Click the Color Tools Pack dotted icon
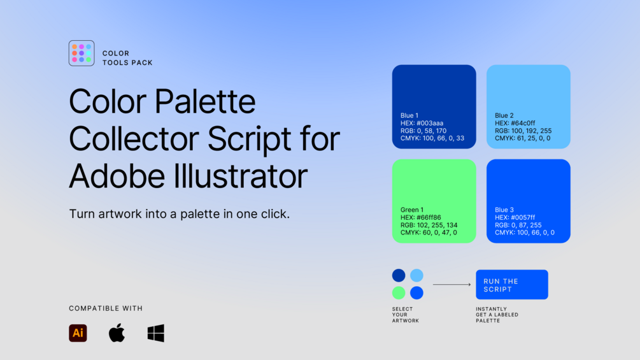pos(82,53)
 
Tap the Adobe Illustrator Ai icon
pos(78,333)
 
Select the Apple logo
pos(117,333)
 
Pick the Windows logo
pos(156,333)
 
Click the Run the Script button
pos(512,284)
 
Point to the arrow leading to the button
pos(452,284)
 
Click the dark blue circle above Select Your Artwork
pos(399,275)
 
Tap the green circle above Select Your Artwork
pos(399,292)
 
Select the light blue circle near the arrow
pos(416,275)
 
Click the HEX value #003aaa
pos(430,123)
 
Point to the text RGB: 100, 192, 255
pos(523,131)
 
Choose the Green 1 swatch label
pos(412,210)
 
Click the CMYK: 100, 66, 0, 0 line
pos(525,233)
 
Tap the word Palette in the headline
pos(205,101)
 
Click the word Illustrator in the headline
pos(241,176)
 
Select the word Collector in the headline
pos(134,139)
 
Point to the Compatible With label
pos(106,308)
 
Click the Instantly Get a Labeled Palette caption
pos(497,315)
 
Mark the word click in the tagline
pos(275,214)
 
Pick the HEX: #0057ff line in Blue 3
pos(515,217)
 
